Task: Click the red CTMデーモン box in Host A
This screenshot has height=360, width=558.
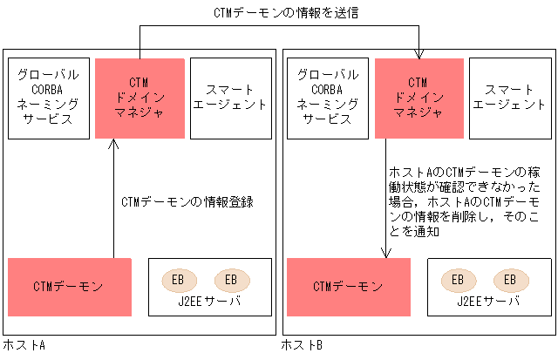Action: [x=69, y=287]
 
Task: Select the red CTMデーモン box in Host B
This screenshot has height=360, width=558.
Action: [x=348, y=287]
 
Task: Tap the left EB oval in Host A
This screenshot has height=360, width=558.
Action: [x=178, y=280]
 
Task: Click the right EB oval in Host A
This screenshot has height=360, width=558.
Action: [x=231, y=280]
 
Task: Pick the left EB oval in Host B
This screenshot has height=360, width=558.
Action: [x=457, y=280]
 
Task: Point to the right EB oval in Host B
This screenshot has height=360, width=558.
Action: [x=510, y=280]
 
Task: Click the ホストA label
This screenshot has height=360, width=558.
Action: [x=24, y=346]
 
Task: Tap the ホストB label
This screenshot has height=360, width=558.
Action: [x=303, y=346]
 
